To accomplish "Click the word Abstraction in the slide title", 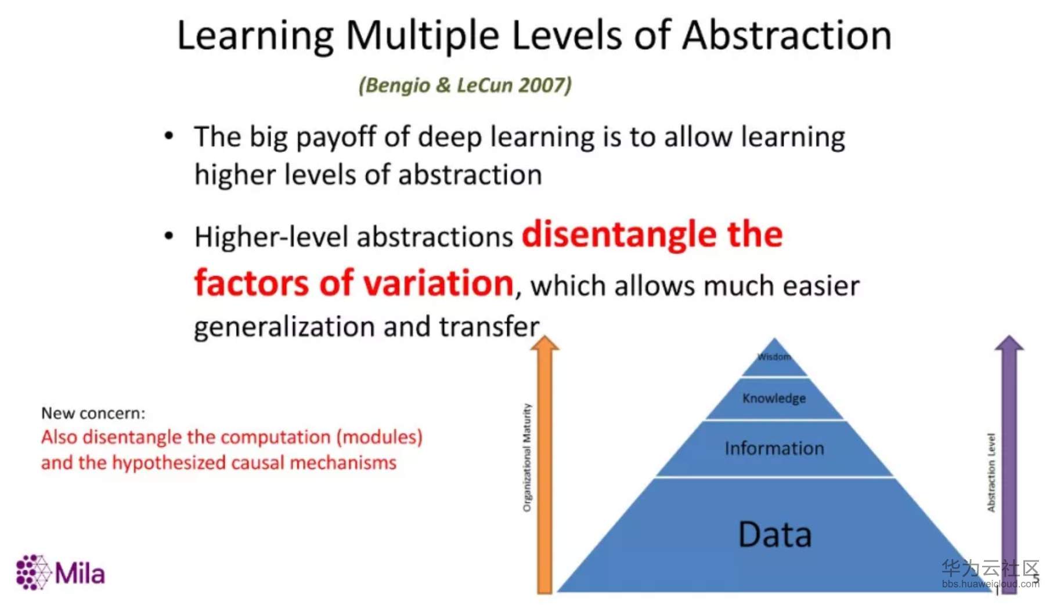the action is tap(787, 35).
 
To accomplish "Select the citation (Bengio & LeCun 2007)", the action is tap(465, 85).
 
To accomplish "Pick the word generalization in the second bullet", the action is tap(284, 327).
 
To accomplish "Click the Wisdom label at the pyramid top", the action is tap(774, 357).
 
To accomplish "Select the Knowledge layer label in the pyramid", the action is tap(774, 398).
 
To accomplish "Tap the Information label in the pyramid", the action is tap(774, 448).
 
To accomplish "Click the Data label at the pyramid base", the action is tap(774, 534).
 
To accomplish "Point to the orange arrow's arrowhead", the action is tap(544, 343).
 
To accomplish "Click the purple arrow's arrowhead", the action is tap(1009, 343).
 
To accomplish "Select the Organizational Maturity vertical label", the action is tap(527, 458).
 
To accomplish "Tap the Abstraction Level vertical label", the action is tap(991, 472).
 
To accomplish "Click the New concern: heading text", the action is tap(93, 413).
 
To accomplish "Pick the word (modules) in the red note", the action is tap(380, 437).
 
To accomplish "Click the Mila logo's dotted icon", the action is tap(33, 572).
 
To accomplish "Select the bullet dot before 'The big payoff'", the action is tap(169, 136).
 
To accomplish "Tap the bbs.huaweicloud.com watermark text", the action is tap(990, 584).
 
